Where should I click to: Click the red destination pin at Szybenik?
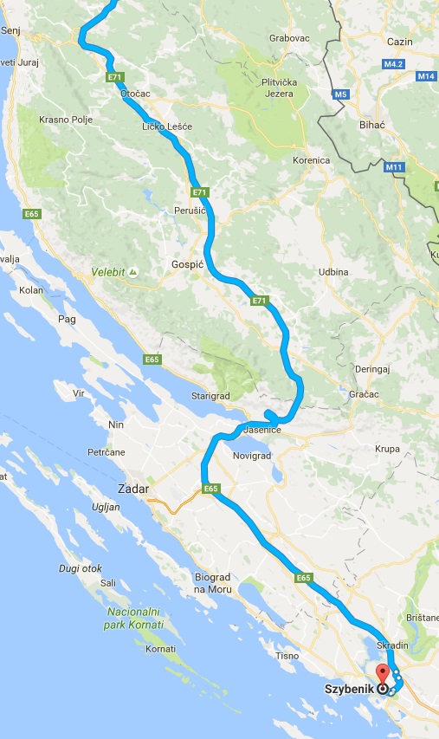(x=382, y=671)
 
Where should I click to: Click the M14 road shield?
(x=425, y=76)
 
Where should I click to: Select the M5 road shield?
(x=341, y=93)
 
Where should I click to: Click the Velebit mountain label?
(x=109, y=271)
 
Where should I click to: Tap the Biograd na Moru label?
(x=215, y=583)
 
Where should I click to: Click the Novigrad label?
(x=253, y=455)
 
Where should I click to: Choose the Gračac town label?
(x=366, y=394)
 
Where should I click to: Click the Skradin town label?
(x=393, y=646)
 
